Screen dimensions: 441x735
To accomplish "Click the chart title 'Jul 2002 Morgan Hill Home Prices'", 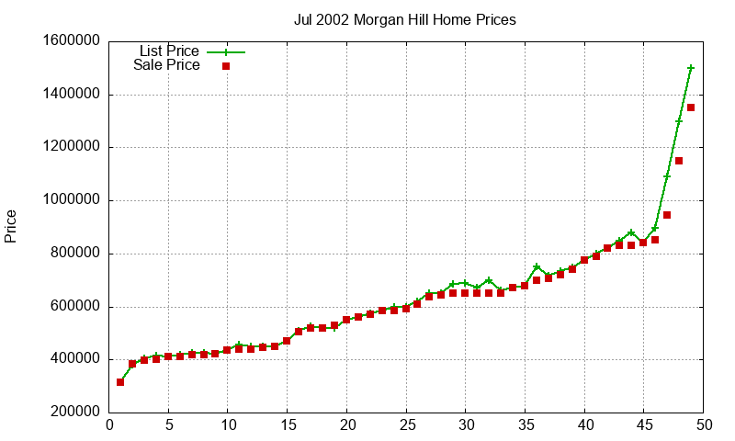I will (x=404, y=19).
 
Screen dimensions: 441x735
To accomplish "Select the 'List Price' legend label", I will (x=169, y=51).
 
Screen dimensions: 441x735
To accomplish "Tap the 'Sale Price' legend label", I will (x=166, y=65).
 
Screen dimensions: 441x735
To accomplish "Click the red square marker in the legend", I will (x=225, y=66).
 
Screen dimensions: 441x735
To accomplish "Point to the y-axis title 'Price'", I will (x=11, y=226).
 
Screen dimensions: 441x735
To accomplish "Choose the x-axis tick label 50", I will (x=703, y=425).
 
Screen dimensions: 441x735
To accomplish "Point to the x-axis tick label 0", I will (x=109, y=425).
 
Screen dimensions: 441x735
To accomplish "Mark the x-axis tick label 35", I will (x=525, y=425).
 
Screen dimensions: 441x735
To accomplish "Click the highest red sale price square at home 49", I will (x=691, y=107).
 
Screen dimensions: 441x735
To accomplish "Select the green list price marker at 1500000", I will (x=691, y=68).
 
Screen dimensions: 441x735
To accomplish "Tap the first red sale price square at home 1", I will (x=120, y=382).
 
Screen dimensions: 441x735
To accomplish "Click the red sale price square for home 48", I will (x=679, y=161).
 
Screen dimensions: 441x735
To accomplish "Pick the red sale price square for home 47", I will (x=667, y=215).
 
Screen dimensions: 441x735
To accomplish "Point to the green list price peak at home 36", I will (x=537, y=267).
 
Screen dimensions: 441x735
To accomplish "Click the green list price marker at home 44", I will (x=631, y=233).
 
